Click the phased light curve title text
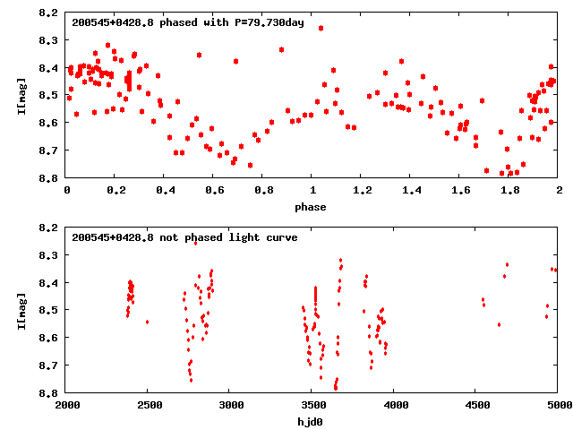point(188,22)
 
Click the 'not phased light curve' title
point(184,237)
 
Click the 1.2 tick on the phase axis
point(362,190)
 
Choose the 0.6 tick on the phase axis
point(214,190)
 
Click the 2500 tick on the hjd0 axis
point(149,405)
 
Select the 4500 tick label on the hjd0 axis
point(476,405)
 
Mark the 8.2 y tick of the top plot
point(49,13)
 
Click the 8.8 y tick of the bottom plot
point(49,392)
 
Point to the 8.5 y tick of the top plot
point(49,96)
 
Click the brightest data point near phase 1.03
point(321,28)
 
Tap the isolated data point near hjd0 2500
point(147,322)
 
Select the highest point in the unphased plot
point(195,243)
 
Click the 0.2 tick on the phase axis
point(115,190)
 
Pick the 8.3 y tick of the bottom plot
point(49,255)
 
